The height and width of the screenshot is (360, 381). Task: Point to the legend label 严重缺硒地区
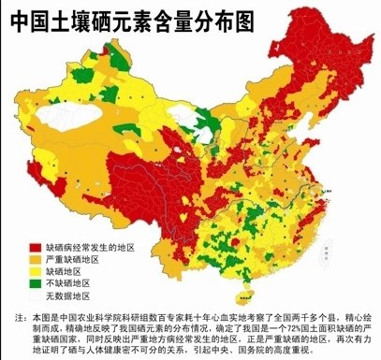pyautogui.click(x=69, y=258)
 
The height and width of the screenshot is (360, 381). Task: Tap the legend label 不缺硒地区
pyautogui.click(x=65, y=282)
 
